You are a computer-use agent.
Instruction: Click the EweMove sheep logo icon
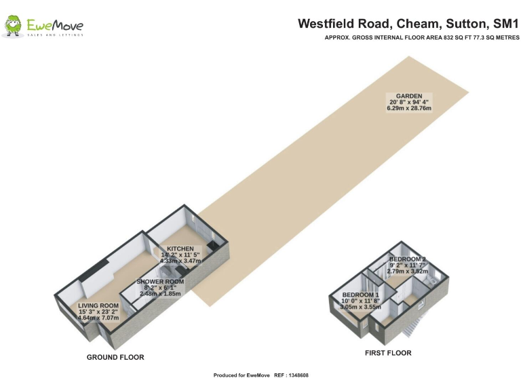click(13, 26)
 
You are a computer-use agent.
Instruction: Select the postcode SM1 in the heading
click(506, 24)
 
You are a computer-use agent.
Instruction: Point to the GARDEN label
click(410, 96)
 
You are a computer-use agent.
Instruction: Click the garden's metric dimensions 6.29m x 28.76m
click(410, 109)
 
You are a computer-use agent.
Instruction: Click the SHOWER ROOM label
click(160, 282)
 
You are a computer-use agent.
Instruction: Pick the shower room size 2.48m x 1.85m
click(160, 293)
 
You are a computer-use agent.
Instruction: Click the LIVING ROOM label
click(98, 305)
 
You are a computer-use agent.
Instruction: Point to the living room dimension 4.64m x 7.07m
click(98, 317)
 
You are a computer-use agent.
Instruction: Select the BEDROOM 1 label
click(360, 295)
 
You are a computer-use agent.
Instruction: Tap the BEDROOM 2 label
click(407, 259)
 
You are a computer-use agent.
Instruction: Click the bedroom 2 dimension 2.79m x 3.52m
click(407, 271)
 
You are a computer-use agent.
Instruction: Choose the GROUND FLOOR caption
click(115, 357)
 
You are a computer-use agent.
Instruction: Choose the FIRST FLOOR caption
click(388, 353)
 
